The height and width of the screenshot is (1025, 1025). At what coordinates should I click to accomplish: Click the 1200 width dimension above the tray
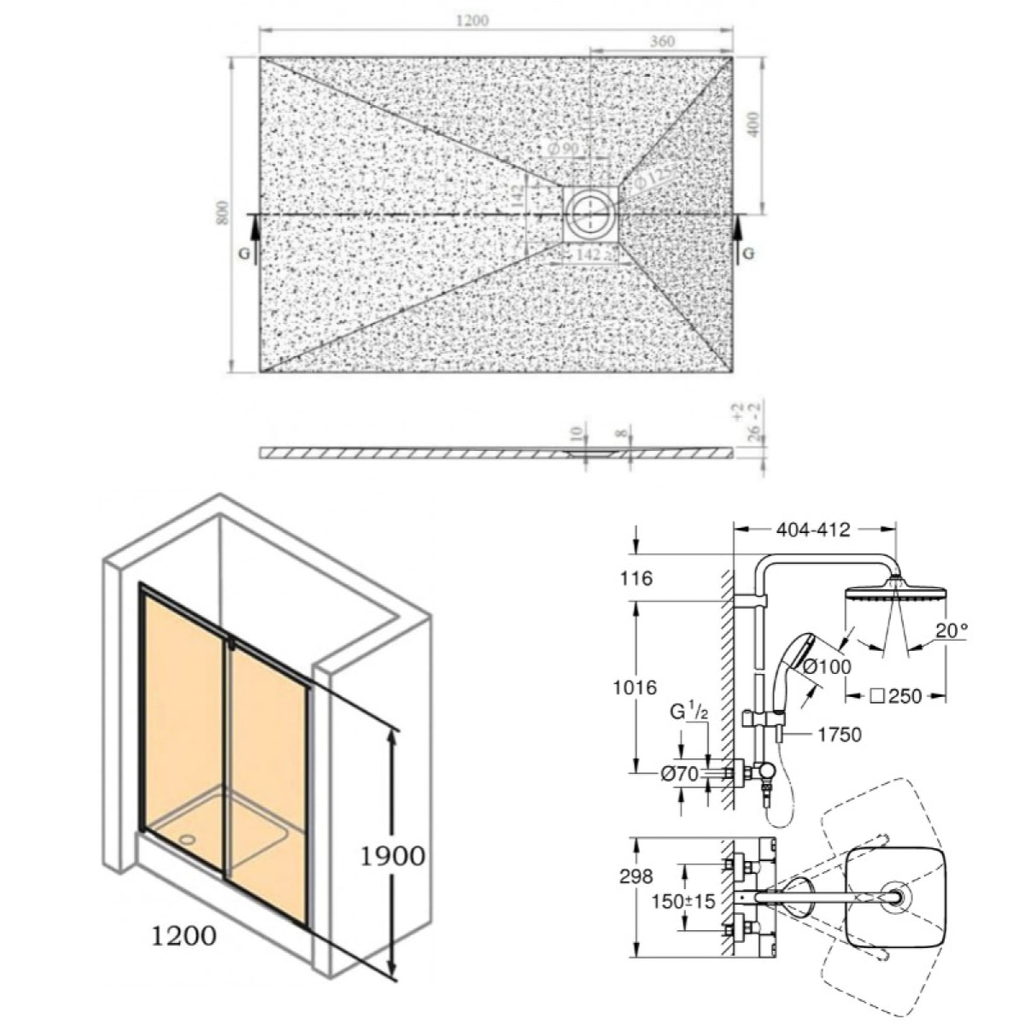click(471, 20)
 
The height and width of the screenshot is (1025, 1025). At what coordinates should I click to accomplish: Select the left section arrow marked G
click(253, 235)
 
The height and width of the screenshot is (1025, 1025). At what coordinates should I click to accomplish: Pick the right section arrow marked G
click(740, 235)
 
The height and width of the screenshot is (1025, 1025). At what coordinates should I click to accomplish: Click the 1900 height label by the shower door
click(392, 854)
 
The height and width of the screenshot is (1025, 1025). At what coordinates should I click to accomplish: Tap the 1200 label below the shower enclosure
click(184, 936)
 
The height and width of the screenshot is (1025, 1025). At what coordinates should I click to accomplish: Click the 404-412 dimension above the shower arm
click(814, 530)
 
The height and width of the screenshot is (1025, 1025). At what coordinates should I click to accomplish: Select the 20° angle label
click(952, 631)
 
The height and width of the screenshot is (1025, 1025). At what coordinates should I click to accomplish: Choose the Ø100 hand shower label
click(827, 667)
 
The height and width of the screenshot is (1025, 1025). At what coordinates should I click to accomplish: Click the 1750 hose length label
click(839, 735)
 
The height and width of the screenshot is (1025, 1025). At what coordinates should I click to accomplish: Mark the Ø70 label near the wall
click(680, 773)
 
